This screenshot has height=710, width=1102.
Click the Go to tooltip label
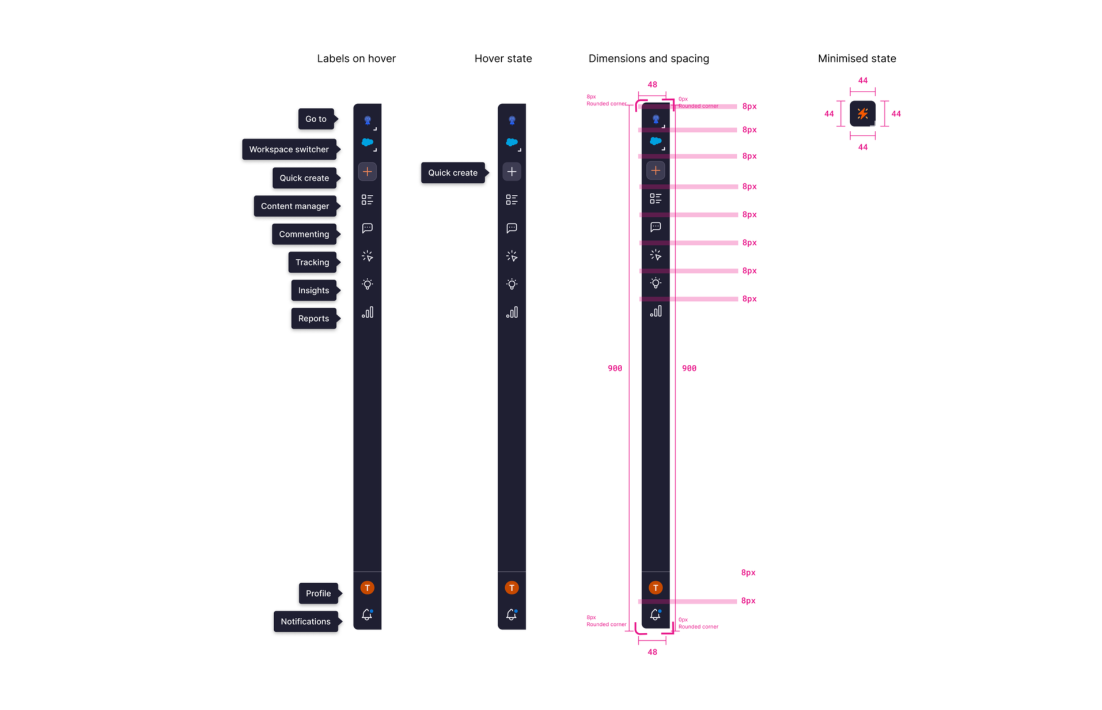pos(316,119)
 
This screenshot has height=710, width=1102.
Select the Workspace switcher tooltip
pos(289,149)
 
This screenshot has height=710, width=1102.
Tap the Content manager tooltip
pos(294,206)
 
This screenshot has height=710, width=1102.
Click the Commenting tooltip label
pos(304,234)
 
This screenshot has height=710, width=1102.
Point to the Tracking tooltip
pos(312,262)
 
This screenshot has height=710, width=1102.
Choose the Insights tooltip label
pos(313,290)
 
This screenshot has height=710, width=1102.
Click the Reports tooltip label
pos(313,319)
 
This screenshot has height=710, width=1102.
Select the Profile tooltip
pos(318,593)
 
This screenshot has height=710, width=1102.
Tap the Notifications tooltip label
pos(305,621)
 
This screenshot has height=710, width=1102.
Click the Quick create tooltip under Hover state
pos(452,173)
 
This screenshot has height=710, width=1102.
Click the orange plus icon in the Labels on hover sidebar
pos(368,172)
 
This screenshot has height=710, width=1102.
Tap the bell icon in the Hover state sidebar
pos(512,615)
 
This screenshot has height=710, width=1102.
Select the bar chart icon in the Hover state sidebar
pos(512,312)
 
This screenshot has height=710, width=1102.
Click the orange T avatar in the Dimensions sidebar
pos(656,587)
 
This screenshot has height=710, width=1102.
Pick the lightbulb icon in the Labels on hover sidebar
pos(368,284)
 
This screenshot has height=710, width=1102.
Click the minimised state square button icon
pos(862,114)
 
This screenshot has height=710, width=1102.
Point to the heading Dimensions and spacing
pos(649,58)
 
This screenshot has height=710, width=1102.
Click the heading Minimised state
pos(857,58)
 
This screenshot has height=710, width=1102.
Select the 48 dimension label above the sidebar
pos(652,85)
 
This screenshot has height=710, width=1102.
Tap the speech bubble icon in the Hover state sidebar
pos(512,228)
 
